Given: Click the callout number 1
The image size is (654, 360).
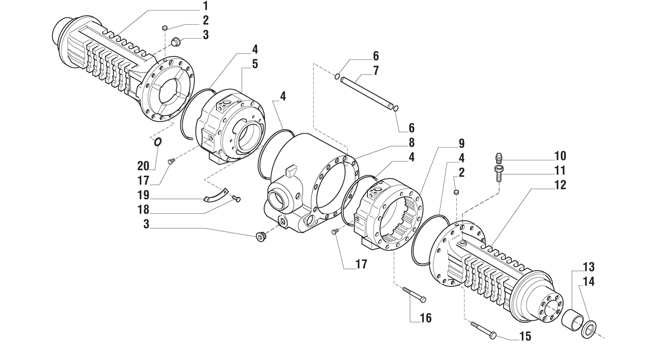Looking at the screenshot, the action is [205, 6].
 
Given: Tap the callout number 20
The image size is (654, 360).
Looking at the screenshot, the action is [143, 166].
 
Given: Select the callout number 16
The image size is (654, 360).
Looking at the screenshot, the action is [425, 318].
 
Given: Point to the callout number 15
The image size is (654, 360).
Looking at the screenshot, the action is [525, 337].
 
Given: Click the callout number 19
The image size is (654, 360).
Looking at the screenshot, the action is [143, 195].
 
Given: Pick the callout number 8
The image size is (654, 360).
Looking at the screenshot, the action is [411, 142].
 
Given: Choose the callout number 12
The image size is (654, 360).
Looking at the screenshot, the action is [560, 185].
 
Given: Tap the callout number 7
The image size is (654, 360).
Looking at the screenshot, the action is [376, 70].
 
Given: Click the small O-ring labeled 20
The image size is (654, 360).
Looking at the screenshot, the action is [157, 142].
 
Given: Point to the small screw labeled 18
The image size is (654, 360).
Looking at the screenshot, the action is [236, 199].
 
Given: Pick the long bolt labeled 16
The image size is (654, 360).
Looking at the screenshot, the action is [414, 295].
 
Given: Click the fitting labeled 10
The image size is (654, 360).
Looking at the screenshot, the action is [499, 158].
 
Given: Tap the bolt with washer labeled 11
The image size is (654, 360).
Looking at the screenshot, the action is [498, 174].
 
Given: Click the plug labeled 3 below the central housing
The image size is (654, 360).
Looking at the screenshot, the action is [260, 237].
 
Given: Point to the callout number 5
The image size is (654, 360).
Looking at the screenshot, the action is [255, 64].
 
